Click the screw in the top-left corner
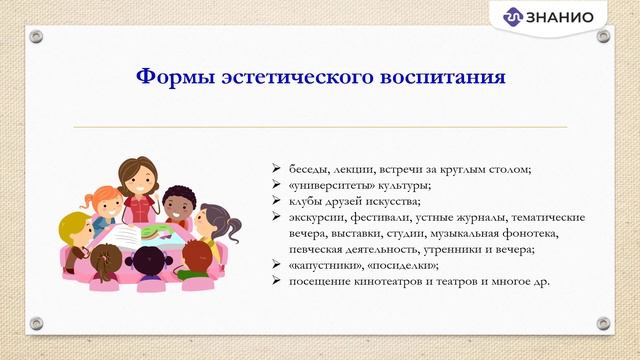point(37,37)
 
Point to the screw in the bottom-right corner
point(602,323)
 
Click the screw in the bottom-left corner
point(37,323)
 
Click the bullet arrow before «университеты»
point(277,185)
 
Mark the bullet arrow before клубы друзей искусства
point(277,201)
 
